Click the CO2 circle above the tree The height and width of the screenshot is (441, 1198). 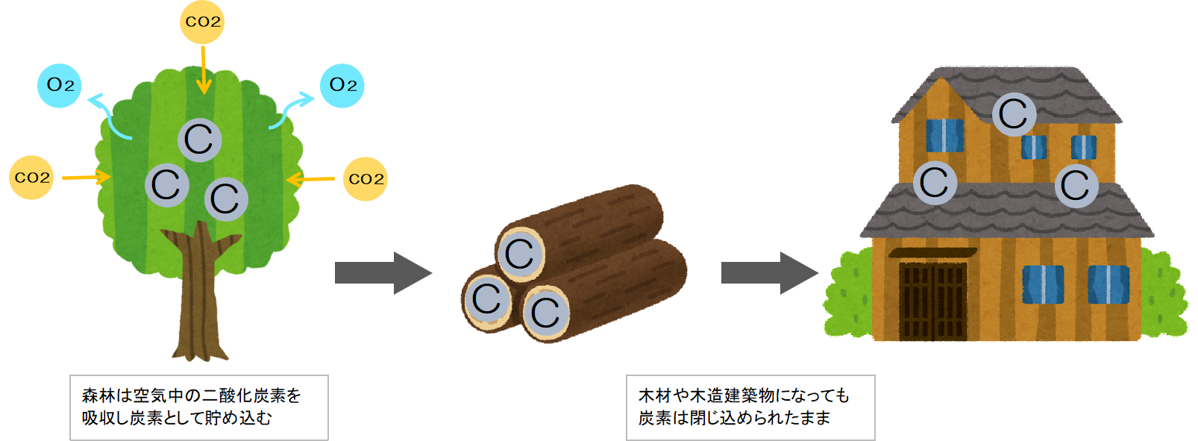(202, 22)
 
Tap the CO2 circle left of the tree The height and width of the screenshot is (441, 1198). (31, 178)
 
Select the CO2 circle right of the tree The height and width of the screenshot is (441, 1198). (366, 179)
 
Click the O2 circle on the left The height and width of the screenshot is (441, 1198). (60, 85)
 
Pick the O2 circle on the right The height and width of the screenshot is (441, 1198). (342, 85)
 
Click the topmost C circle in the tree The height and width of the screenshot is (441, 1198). (199, 140)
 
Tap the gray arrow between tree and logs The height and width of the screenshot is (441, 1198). (383, 273)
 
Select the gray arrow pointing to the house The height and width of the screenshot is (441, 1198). (769, 273)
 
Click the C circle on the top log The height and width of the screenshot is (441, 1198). (520, 254)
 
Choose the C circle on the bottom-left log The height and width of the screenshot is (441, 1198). (487, 299)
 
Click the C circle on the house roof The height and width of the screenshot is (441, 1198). (1014, 114)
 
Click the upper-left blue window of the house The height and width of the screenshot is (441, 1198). (944, 136)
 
